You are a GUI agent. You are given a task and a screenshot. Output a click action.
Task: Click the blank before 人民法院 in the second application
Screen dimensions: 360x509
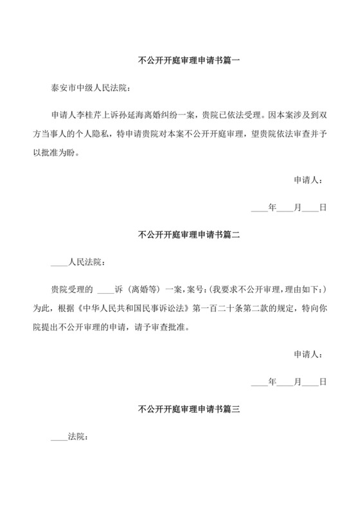coord(59,263)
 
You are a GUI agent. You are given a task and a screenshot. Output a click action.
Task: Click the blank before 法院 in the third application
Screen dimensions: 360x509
coord(59,436)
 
